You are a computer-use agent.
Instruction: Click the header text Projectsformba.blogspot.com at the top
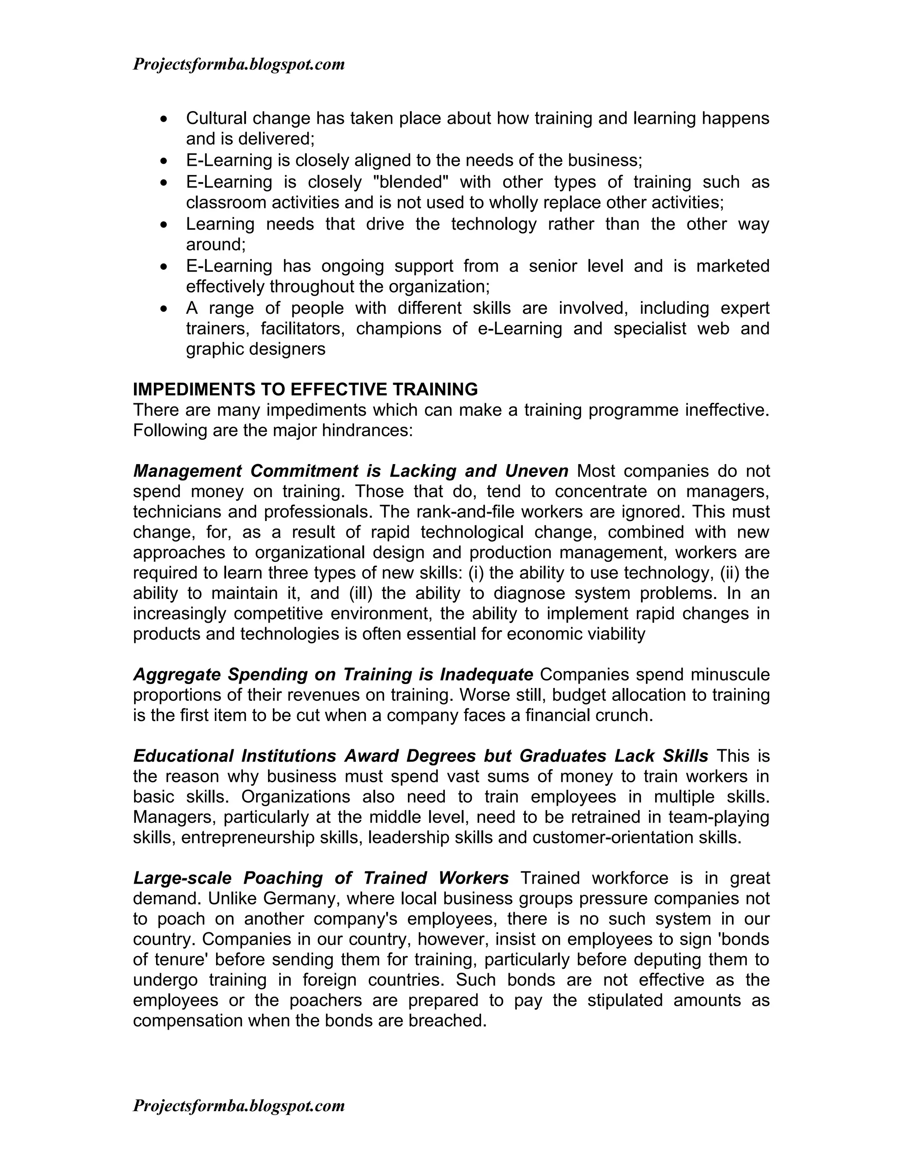coord(239,65)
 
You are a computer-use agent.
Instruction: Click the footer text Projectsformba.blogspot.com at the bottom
coord(239,1105)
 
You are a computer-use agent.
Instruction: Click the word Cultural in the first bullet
coord(216,118)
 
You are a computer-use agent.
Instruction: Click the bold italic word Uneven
coord(537,471)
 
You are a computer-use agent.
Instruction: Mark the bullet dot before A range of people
coord(164,309)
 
